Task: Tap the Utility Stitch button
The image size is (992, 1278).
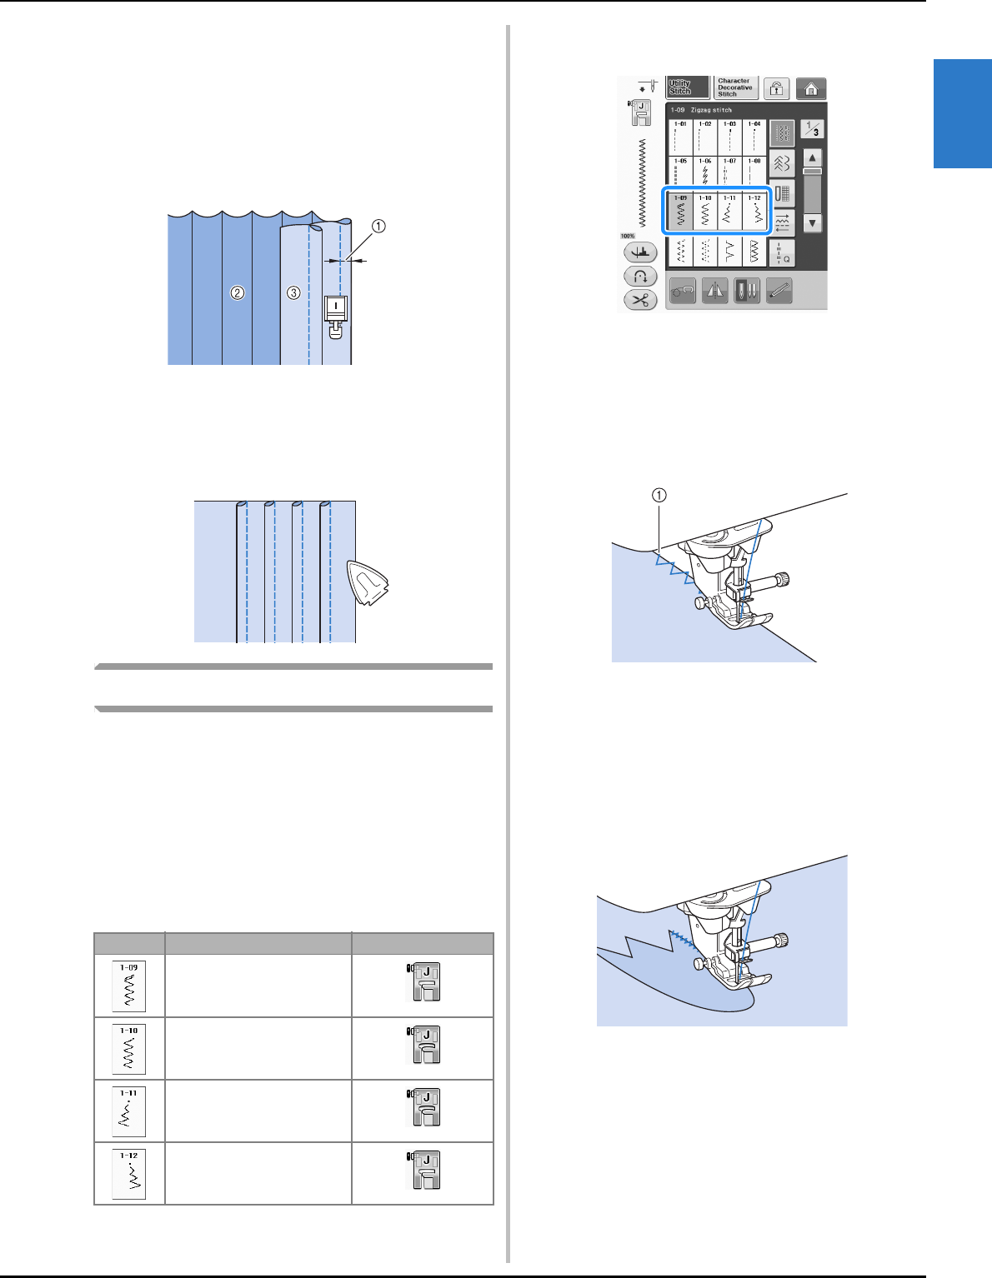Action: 687,87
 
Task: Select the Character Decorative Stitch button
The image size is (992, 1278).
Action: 735,87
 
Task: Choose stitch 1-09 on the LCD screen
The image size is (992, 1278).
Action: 681,212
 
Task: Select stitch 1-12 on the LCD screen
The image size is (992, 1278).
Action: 754,212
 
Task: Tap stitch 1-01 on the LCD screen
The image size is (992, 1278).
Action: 681,136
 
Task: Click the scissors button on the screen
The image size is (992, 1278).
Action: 640,300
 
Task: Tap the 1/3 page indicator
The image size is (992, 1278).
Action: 812,129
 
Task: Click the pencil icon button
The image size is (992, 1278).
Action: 779,290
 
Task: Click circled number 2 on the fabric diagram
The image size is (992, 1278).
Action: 238,292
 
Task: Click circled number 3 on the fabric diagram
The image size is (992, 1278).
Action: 293,292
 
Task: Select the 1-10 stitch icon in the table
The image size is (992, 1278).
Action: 129,1048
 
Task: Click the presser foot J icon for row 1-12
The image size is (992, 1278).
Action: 424,1171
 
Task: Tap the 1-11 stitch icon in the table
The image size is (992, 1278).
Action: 129,1111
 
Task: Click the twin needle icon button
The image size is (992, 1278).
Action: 746,290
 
